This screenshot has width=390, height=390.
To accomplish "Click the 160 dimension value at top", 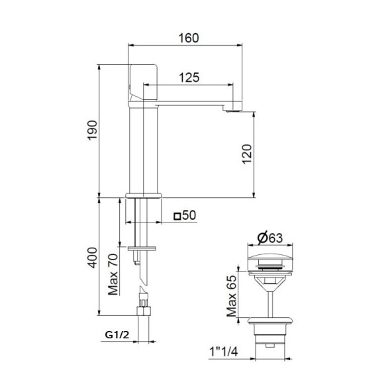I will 187,38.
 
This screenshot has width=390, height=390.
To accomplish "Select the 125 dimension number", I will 189,77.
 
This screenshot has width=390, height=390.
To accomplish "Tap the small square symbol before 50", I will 177,216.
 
